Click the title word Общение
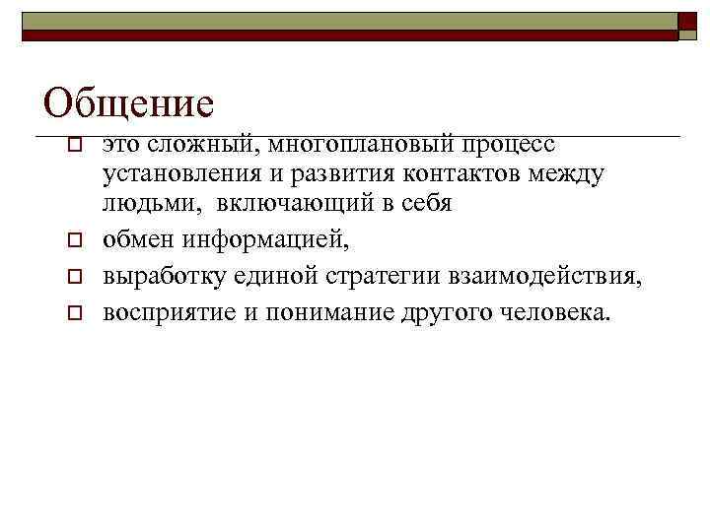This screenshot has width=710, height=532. (x=129, y=102)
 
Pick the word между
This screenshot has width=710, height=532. (x=569, y=174)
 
